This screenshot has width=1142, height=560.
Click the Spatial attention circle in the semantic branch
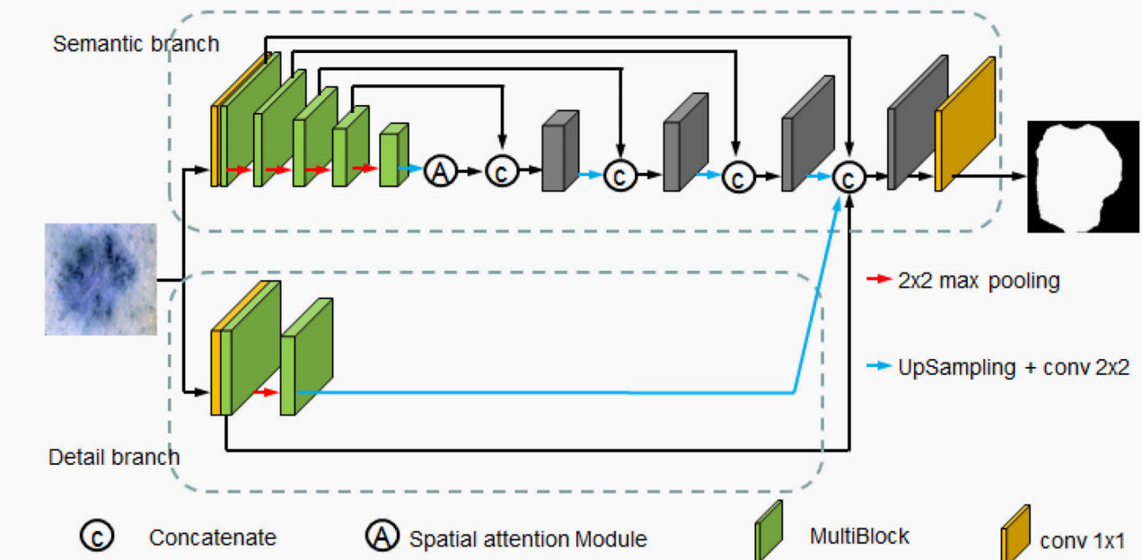[x=440, y=170]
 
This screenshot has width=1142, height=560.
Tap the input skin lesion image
[x=101, y=279]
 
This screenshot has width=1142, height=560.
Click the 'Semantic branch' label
[x=136, y=43]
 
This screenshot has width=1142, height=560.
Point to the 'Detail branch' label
[x=114, y=457]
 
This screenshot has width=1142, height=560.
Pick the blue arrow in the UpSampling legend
[x=878, y=366]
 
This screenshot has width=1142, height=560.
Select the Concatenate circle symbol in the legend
[x=95, y=536]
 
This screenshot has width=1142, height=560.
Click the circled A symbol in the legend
[x=382, y=536]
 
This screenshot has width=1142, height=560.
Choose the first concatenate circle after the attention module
[x=502, y=171]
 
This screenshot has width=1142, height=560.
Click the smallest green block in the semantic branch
[x=393, y=156]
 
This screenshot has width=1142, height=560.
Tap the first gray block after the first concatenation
[x=558, y=153]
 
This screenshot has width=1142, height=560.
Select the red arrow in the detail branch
[x=265, y=392]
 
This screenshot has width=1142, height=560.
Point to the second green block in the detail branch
[x=305, y=359]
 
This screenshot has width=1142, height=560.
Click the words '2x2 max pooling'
[x=979, y=281]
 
